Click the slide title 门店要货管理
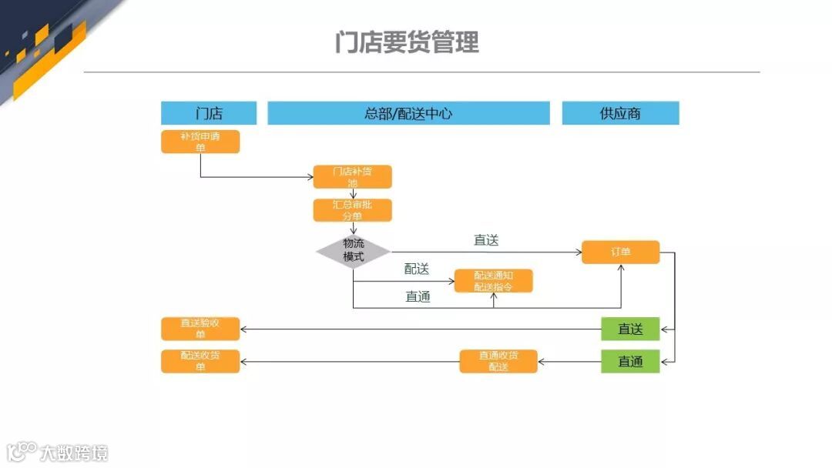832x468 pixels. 407,42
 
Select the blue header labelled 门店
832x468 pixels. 208,113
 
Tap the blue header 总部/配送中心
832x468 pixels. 408,113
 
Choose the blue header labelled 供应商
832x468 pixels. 620,113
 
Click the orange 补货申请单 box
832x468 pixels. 200,142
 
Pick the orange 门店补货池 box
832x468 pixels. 352,177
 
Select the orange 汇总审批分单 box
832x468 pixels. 352,210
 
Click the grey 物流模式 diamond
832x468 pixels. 354,251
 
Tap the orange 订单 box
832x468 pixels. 620,252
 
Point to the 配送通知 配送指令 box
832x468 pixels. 493,281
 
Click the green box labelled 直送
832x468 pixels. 630,329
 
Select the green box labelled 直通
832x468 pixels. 630,361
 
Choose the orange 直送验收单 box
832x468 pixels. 200,329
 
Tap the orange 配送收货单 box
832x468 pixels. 200,361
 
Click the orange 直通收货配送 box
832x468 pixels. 498,361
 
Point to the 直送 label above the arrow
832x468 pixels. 486,240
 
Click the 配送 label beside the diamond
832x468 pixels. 417,269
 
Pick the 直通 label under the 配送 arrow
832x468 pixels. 418,296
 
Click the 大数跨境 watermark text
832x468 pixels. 75,452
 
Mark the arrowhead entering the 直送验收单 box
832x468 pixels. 243,329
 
